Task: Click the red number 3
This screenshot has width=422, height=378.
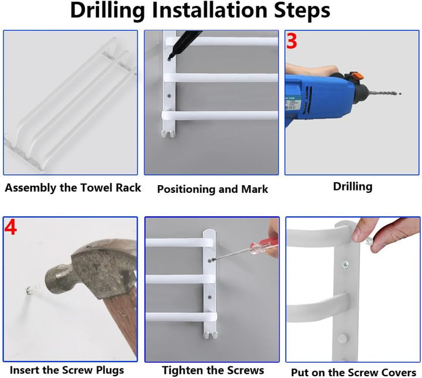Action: (x=292, y=41)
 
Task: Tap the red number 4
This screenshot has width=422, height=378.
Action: (x=11, y=227)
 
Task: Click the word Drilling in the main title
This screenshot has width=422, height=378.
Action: (x=108, y=10)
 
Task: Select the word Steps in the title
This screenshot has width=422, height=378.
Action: (x=302, y=10)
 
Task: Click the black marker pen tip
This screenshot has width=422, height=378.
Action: (x=169, y=57)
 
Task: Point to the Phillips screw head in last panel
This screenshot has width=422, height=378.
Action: (x=346, y=265)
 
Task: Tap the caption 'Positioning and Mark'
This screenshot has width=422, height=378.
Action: (x=213, y=189)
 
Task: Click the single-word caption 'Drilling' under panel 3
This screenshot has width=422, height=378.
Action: (x=353, y=187)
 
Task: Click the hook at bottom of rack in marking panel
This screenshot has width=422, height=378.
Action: (x=169, y=134)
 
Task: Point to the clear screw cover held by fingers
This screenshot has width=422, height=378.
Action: (x=369, y=240)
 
